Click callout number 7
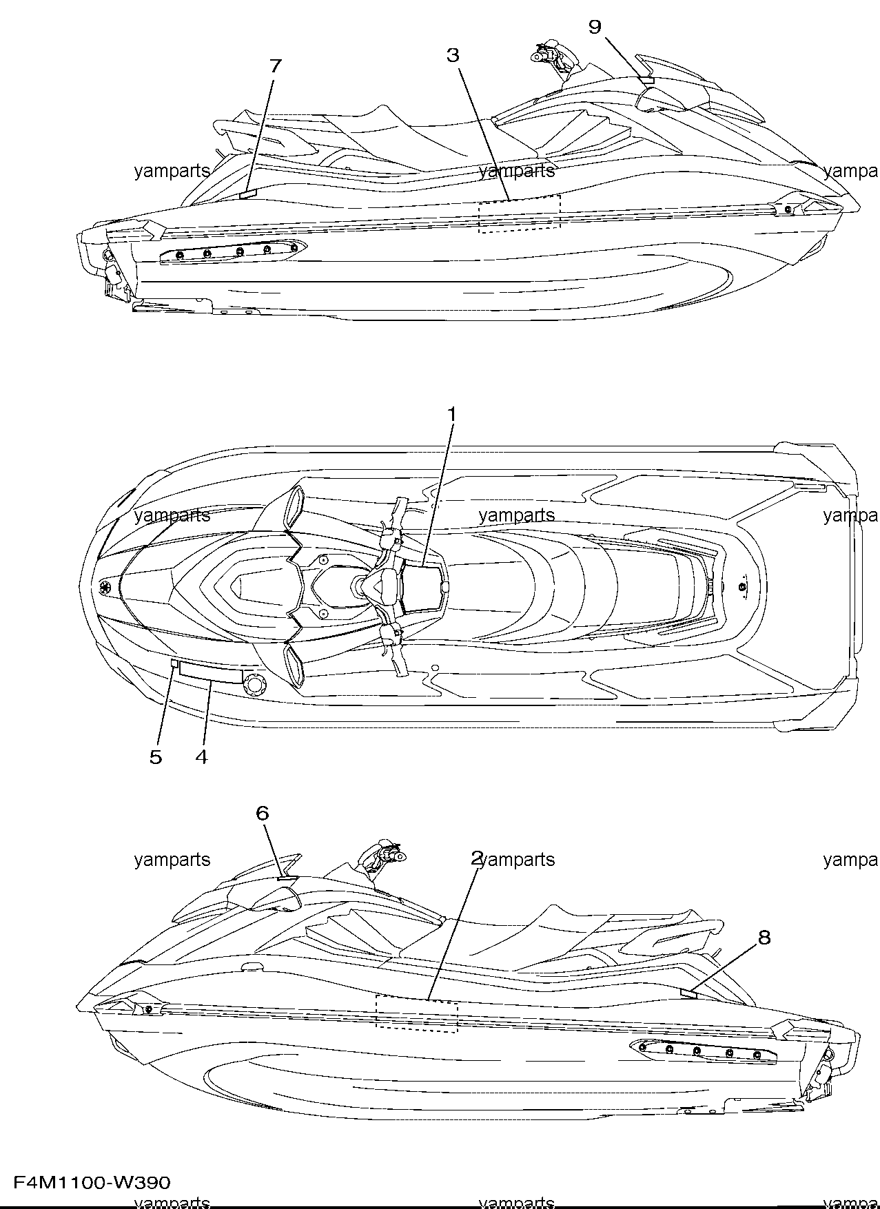275,66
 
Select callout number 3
452,55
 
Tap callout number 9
595,27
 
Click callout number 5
156,757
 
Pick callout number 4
201,757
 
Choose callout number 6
262,814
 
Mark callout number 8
764,938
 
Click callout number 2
477,858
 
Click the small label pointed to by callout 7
247,195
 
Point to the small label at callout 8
688,993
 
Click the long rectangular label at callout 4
211,674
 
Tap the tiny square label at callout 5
174,664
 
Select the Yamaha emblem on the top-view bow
106,588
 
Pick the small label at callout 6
285,880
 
